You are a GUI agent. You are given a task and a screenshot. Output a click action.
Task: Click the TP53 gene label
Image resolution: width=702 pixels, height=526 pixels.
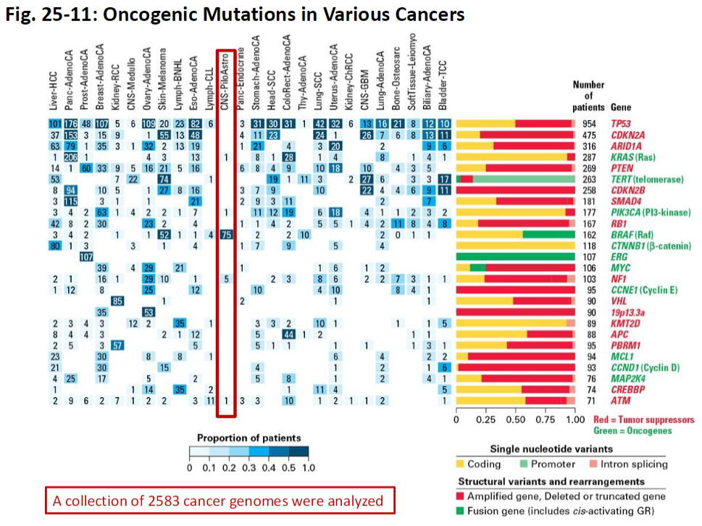[x=622, y=123]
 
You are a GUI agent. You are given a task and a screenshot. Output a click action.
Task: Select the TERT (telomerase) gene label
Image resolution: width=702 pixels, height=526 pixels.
[x=642, y=178]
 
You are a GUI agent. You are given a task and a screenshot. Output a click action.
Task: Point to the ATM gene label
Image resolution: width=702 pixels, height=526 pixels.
[x=620, y=400]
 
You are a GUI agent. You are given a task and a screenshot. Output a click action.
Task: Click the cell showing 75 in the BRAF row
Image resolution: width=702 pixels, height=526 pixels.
[x=226, y=234]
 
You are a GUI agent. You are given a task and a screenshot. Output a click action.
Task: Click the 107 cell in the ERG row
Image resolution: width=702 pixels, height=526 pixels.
[x=86, y=256]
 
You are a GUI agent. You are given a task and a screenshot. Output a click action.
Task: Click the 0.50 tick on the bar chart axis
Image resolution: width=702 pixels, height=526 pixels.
[x=516, y=419]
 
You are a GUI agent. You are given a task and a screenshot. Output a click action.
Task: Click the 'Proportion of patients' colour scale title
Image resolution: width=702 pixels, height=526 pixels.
[x=248, y=438]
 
